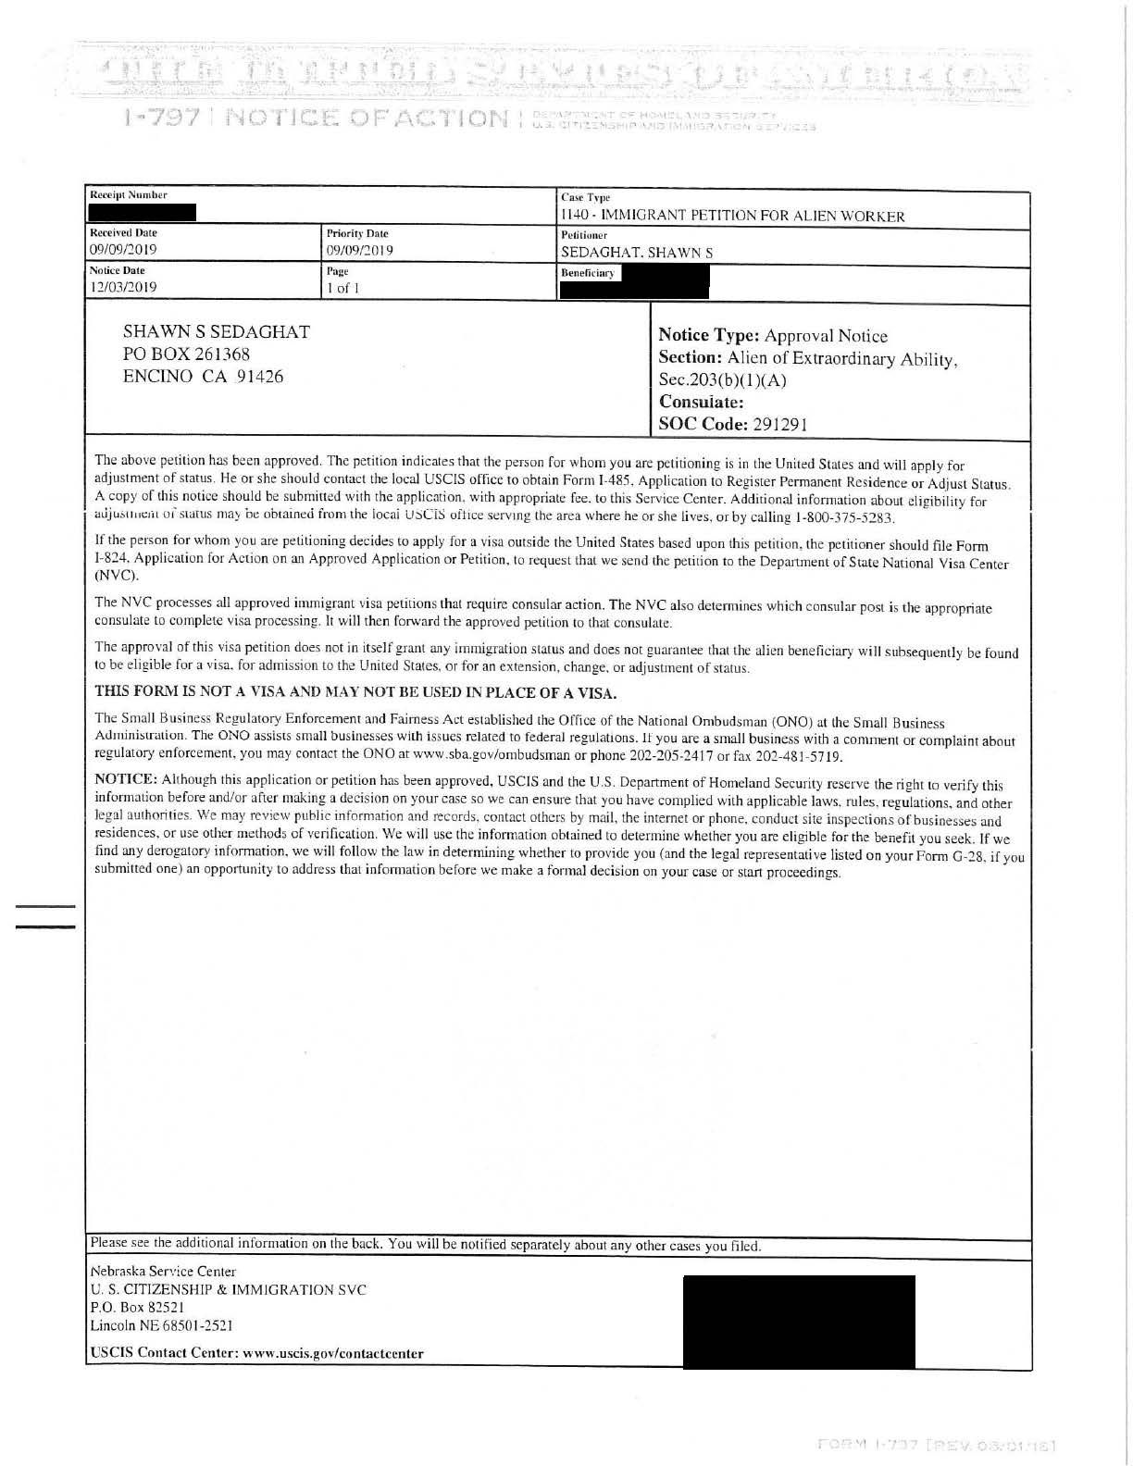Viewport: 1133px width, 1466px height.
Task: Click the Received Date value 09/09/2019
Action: (x=124, y=250)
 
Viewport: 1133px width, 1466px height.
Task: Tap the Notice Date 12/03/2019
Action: (x=123, y=287)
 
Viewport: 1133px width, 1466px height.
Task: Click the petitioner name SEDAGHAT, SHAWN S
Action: (x=634, y=253)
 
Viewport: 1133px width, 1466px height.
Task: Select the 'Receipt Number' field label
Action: (x=129, y=195)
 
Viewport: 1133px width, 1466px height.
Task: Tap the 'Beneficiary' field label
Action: (x=587, y=273)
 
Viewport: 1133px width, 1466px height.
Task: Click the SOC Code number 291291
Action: (x=776, y=425)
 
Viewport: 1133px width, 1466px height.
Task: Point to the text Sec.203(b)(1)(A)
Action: (x=722, y=380)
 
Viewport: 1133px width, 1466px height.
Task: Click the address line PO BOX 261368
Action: (x=187, y=354)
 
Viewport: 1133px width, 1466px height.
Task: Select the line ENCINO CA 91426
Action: (x=204, y=377)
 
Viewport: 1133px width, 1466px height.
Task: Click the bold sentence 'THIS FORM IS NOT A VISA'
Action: (x=355, y=693)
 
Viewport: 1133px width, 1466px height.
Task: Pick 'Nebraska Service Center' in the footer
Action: (x=163, y=1272)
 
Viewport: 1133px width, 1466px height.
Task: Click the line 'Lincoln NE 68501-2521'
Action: (x=155, y=1325)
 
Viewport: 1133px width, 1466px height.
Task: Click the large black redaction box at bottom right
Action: (x=798, y=1322)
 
